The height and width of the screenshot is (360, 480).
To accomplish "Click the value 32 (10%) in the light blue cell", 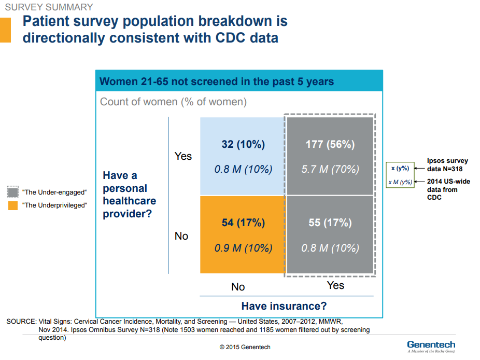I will coord(243,144).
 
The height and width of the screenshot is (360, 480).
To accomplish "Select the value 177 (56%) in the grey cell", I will coord(330,144).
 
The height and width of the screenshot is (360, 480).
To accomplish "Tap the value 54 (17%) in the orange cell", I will coord(243,223).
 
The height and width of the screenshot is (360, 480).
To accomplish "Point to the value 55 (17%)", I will coord(330,223).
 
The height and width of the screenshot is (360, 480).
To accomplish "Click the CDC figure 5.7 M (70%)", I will coord(330,169).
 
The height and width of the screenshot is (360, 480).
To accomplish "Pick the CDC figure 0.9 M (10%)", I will coord(243,248).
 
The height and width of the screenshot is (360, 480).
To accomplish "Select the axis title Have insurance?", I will coord(284,306).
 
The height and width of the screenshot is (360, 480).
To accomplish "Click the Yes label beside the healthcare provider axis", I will coord(183,156).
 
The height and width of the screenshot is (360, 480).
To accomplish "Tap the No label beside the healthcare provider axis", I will coord(181,236).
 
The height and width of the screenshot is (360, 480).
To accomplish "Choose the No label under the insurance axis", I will coord(238,287).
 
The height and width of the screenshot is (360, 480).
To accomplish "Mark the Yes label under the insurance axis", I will coord(335,285).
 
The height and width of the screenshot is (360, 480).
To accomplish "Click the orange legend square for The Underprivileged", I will coord(13,205).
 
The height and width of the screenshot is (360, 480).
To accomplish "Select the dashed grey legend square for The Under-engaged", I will coord(13,192).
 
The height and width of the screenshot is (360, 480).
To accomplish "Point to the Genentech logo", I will coord(431,346).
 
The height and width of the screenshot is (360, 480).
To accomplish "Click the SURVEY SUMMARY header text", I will coord(49,7).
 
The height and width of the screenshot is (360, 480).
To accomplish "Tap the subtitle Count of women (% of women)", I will coord(173,102).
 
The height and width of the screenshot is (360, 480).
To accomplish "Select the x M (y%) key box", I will coord(400,182).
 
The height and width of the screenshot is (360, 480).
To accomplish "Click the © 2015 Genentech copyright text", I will coord(245,347).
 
